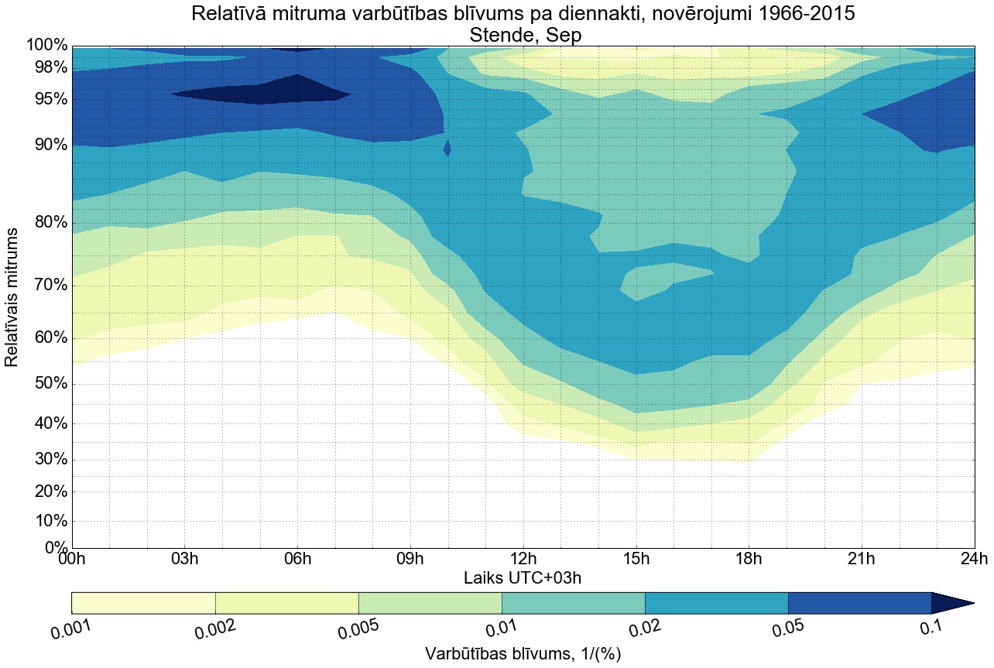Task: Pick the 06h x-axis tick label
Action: point(297,560)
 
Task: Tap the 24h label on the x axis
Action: point(973,560)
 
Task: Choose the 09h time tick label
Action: point(410,560)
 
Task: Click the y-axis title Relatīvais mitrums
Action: point(12,297)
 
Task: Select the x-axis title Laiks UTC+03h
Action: point(523,577)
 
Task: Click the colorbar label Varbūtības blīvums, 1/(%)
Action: point(523,653)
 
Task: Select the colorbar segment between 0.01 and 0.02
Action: point(573,603)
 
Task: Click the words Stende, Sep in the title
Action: point(523,36)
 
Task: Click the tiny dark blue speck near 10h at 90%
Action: point(447,148)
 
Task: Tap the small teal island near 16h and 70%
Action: point(658,279)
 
